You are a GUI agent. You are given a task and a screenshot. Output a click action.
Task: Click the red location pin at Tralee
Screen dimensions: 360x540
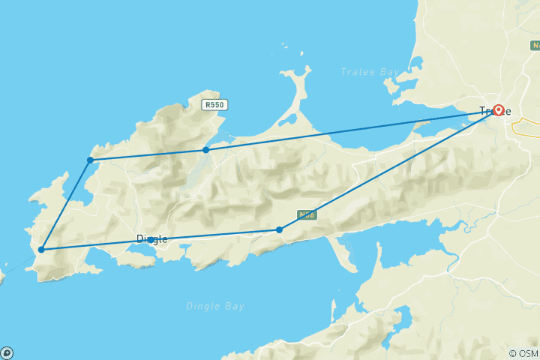point(497,111)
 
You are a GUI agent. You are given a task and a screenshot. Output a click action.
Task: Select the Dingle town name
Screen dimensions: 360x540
point(152,239)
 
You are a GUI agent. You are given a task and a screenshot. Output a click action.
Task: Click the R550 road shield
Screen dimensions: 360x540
point(214,106)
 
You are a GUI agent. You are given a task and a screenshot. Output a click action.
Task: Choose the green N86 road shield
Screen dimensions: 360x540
point(304,214)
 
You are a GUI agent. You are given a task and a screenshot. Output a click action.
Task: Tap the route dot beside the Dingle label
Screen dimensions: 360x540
point(151,239)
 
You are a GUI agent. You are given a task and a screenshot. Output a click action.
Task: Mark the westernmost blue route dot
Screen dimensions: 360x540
point(42,250)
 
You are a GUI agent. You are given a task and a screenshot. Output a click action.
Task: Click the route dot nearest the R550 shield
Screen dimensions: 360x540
point(205,150)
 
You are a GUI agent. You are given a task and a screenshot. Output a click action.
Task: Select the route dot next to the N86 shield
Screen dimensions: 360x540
point(279,229)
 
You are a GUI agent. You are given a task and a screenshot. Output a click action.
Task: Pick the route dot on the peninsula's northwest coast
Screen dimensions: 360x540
point(90,160)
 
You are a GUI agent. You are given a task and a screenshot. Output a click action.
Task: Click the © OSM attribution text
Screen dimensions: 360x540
point(523,353)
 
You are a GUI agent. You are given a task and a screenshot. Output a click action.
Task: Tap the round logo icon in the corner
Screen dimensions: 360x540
point(7,352)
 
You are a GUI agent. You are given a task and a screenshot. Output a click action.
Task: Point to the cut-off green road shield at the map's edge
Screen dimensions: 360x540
point(535,46)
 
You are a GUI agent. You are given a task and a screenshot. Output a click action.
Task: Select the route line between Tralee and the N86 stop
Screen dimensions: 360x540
point(390,169)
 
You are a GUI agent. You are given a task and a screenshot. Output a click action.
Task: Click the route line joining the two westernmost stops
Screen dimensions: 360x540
point(66,204)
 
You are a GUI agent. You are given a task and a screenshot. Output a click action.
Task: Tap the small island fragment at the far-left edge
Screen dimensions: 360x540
point(1,276)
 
